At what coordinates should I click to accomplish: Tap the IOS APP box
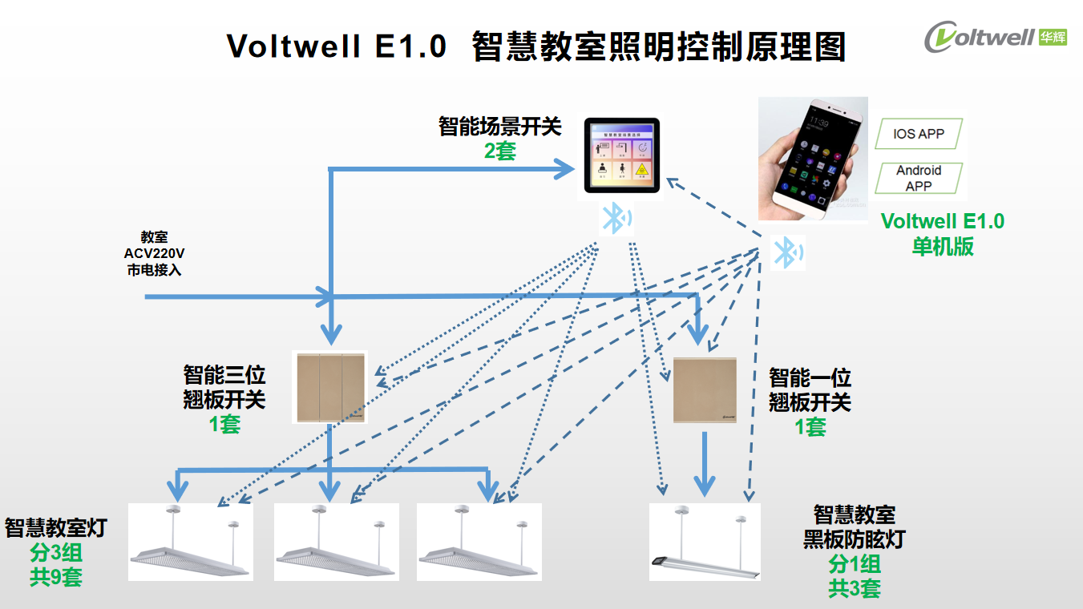pos(919,134)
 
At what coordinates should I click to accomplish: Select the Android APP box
pos(919,178)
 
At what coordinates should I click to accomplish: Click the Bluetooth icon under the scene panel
pos(616,218)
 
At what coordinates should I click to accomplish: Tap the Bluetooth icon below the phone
pos(786,253)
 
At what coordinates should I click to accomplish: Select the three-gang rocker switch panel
pos(329,389)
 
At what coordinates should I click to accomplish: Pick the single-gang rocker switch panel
pos(705,389)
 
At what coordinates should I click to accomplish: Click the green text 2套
pos(500,151)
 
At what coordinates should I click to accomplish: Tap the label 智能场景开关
pos(500,127)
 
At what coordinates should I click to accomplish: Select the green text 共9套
pos(56,577)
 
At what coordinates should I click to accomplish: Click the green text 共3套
pos(855,589)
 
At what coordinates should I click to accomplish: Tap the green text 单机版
pos(943,246)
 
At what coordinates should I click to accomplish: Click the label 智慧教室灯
pos(56,528)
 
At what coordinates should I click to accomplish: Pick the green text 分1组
pos(855,564)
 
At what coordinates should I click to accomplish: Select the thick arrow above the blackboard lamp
pos(704,464)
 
